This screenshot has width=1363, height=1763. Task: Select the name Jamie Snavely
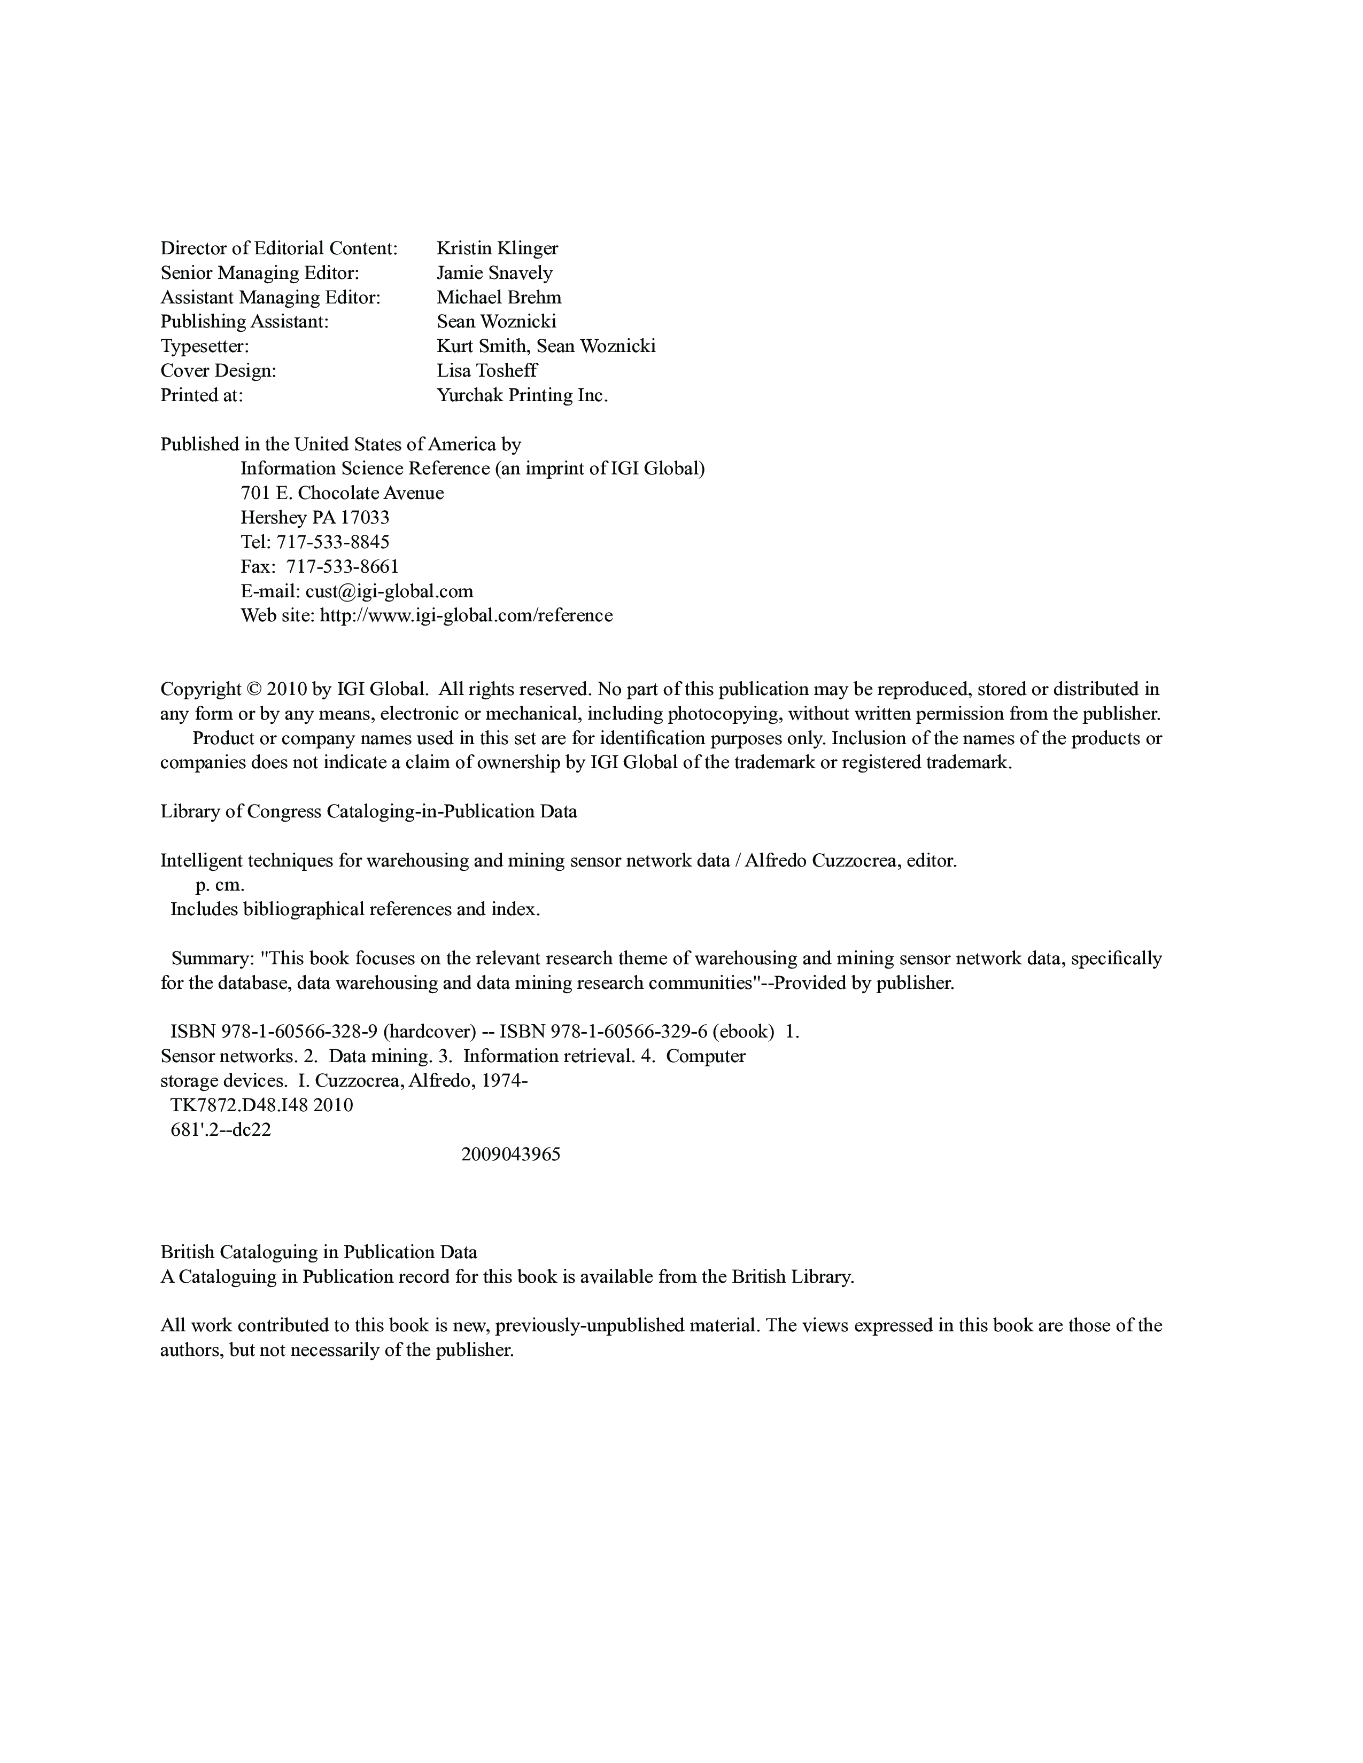pyautogui.click(x=494, y=273)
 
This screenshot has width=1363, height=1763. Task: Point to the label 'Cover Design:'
pyautogui.click(x=218, y=371)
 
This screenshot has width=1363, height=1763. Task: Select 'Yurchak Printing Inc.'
pyautogui.click(x=522, y=395)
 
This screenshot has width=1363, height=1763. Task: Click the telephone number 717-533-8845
pyautogui.click(x=332, y=542)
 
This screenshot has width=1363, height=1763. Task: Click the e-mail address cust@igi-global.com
pyautogui.click(x=389, y=591)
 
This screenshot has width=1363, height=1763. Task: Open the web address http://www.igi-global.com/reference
pyautogui.click(x=466, y=615)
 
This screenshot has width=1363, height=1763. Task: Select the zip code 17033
pyautogui.click(x=363, y=518)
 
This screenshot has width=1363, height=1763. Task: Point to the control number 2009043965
pyautogui.click(x=510, y=1154)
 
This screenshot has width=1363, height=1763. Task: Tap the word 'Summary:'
pyautogui.click(x=212, y=958)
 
